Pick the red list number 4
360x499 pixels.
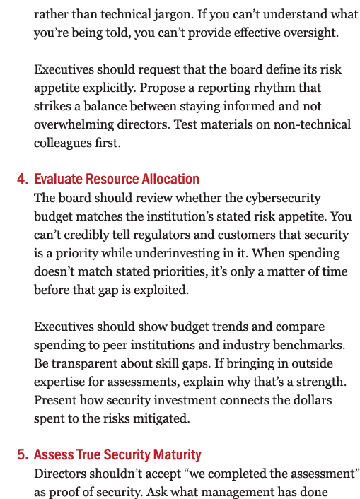[x=21, y=180]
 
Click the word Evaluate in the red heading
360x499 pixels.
[x=57, y=180]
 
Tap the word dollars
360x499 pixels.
[x=324, y=400]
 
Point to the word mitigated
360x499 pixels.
[x=164, y=418]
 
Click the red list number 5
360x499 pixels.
[x=21, y=455]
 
